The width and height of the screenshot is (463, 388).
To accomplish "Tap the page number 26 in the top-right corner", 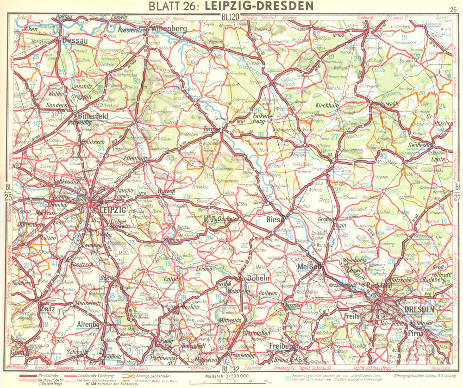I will [x=453, y=8].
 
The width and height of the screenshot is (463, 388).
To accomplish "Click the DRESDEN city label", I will [x=419, y=309].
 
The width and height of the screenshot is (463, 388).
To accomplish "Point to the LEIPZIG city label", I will [x=113, y=210].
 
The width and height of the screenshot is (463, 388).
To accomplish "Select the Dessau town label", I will [x=75, y=41].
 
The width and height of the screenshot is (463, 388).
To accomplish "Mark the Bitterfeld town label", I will [x=93, y=115].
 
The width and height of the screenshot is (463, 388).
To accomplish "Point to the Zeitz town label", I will [x=48, y=308].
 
